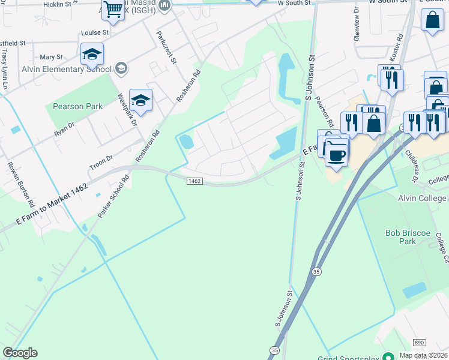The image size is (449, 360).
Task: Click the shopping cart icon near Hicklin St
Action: point(112,10)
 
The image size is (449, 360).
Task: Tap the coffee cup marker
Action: point(337,155)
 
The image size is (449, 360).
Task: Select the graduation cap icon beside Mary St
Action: point(92,55)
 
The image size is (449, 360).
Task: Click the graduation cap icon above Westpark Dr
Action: point(140,100)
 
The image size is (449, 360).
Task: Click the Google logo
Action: point(20,353)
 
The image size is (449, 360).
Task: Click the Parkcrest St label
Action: point(166,47)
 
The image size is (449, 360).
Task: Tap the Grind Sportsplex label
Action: point(351,356)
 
